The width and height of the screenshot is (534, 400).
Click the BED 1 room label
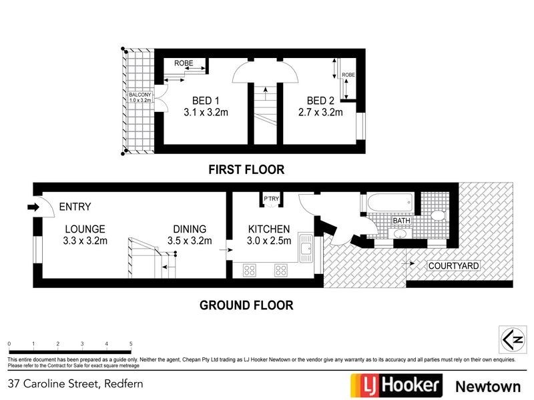click(x=206, y=101)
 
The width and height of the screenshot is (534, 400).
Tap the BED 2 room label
click(x=320, y=101)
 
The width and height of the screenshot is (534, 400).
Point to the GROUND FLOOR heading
click(x=246, y=305)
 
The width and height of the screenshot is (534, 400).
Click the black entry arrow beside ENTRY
click(x=33, y=207)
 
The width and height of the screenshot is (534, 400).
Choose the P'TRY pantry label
click(x=271, y=198)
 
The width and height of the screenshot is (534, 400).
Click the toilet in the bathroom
click(x=439, y=215)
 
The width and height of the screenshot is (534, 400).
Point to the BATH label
click(x=401, y=220)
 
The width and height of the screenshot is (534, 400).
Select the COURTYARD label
click(x=453, y=266)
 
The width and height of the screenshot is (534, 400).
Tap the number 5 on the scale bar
click(x=131, y=344)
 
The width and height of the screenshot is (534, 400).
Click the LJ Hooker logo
click(x=396, y=385)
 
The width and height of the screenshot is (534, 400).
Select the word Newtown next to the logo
click(x=487, y=385)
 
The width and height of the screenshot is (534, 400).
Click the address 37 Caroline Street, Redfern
click(x=75, y=384)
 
